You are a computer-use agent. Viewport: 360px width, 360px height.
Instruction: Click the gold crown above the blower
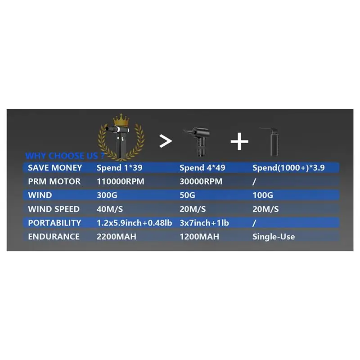pyautogui.click(x=121, y=120)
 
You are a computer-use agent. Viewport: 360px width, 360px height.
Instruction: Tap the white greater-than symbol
pyautogui.click(x=166, y=141)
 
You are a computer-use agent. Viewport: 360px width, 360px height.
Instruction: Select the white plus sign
pyautogui.click(x=239, y=141)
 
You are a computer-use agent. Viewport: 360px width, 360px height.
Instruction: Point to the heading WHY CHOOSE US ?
pyautogui.click(x=65, y=156)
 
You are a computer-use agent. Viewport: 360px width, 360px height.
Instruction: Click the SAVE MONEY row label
pyautogui.click(x=55, y=167)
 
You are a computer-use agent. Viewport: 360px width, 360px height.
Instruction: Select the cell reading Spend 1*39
pyautogui.click(x=119, y=168)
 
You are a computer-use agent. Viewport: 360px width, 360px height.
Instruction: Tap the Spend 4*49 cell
pyautogui.click(x=202, y=168)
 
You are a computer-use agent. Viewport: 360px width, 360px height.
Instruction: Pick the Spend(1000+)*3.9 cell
pyautogui.click(x=288, y=168)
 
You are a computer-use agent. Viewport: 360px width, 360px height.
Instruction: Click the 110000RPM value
pyautogui.click(x=120, y=181)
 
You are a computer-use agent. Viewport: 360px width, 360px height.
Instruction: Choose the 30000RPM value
pyautogui.click(x=201, y=181)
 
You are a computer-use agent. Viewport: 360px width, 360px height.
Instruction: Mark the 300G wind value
pyautogui.click(x=107, y=195)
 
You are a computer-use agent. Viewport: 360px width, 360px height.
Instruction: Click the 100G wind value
pyautogui.click(x=263, y=195)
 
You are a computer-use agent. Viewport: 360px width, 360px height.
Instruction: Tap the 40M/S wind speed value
pyautogui.click(x=110, y=209)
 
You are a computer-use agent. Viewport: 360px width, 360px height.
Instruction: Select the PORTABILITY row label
pyautogui.click(x=54, y=223)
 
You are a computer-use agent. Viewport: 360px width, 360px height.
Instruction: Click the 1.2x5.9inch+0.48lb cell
pyautogui.click(x=134, y=223)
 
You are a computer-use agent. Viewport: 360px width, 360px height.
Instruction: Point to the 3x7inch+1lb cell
pyautogui.click(x=204, y=223)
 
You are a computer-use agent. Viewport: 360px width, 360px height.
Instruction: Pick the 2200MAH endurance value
pyautogui.click(x=117, y=237)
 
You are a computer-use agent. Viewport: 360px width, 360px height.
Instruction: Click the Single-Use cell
pyautogui.click(x=274, y=237)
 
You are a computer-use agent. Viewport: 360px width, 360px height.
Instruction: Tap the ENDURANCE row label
pyautogui.click(x=54, y=237)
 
